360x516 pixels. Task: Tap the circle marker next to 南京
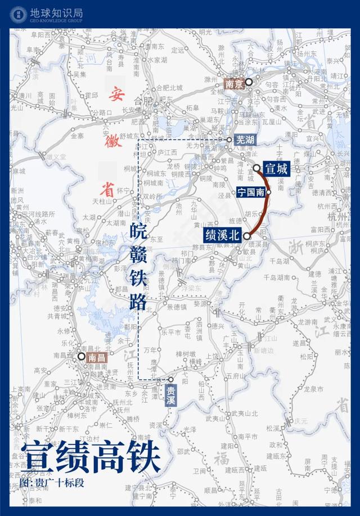point(248,82)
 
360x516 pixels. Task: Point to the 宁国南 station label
point(251,191)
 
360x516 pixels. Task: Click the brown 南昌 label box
point(96,356)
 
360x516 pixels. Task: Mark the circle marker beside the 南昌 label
point(81,356)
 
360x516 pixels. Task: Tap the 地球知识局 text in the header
point(55,11)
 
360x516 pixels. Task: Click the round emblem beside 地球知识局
point(17,14)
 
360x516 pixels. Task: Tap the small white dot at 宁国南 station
point(269,191)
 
